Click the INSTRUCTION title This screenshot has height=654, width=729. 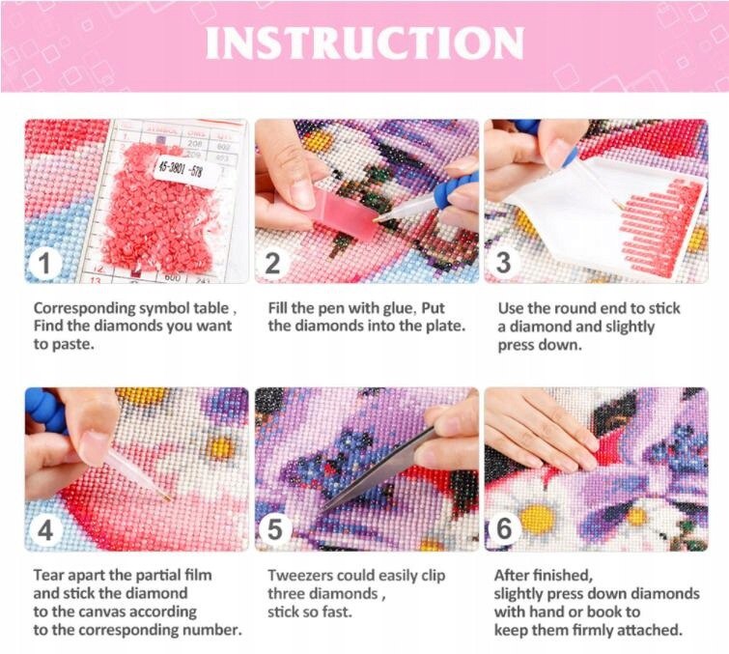(365, 43)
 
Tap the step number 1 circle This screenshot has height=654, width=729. (44, 264)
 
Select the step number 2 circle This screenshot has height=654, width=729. (272, 264)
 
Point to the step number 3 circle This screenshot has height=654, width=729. (503, 263)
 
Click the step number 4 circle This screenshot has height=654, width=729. (44, 530)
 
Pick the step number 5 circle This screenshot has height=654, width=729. (275, 529)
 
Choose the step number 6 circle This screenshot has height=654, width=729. (504, 528)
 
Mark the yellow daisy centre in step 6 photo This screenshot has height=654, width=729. (538, 519)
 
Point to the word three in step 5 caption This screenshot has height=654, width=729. (285, 594)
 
